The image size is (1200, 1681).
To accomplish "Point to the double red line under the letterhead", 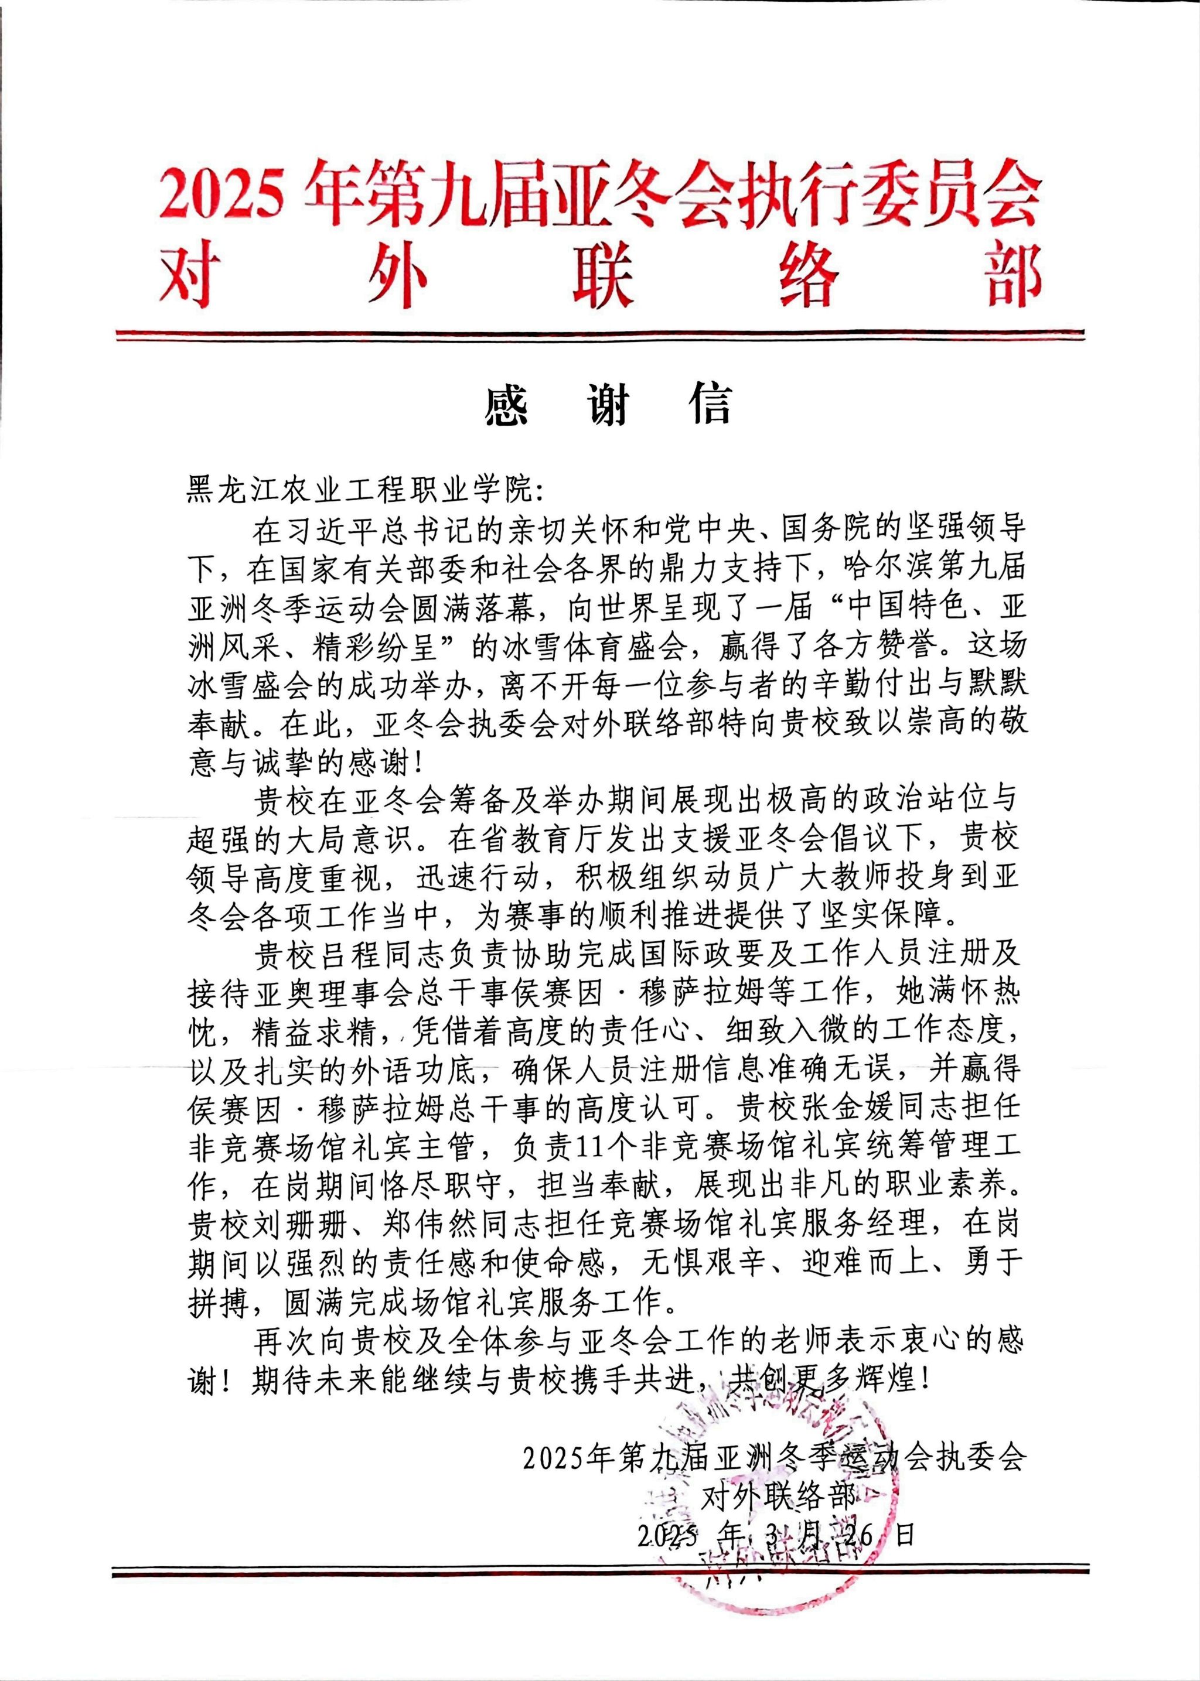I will pyautogui.click(x=599, y=336).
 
